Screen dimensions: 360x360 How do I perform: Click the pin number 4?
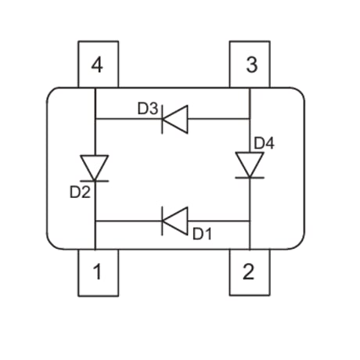pos(97,65)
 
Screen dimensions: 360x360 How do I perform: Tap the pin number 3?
pos(252,64)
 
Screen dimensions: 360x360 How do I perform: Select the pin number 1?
pos(97,272)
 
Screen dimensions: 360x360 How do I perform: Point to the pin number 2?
pos(248,272)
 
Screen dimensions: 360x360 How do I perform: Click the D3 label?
pos(148,109)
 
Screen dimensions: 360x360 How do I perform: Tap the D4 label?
pos(264,143)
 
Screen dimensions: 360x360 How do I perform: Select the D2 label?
pos(80,193)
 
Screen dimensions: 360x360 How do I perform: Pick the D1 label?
pos(202,234)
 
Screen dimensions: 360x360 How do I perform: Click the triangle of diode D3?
pos(175,119)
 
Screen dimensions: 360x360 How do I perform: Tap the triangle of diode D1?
pos(175,221)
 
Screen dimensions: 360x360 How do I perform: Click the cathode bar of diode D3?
pos(162,119)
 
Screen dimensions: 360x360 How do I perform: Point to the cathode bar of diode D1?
pos(162,221)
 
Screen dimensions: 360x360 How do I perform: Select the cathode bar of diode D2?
pos(94,181)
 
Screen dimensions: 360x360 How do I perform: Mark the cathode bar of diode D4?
pos(250,178)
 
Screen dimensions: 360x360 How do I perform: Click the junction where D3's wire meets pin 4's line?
pos(95,119)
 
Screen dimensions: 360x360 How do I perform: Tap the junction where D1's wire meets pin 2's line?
pos(250,221)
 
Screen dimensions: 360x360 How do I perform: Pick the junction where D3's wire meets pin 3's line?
pos(250,119)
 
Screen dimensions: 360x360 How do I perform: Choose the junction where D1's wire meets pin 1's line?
pos(95,221)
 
